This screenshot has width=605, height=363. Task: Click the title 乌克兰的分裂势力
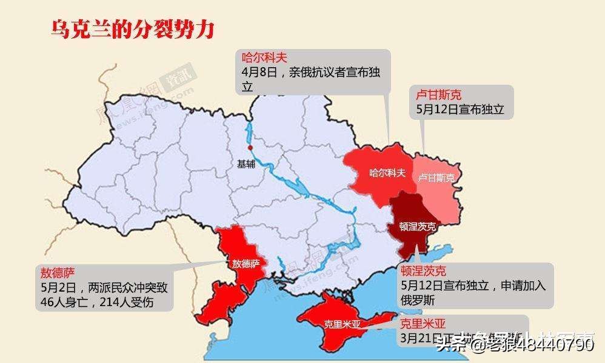pyautogui.click(x=132, y=29)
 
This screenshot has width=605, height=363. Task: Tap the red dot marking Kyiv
pyautogui.click(x=250, y=147)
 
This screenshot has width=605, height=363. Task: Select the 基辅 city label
pyautogui.click(x=246, y=164)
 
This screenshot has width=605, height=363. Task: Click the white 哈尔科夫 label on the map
pyautogui.click(x=387, y=173)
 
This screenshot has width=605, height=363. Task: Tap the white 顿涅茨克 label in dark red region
pyautogui.click(x=417, y=227)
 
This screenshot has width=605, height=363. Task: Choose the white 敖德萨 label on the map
pyautogui.click(x=246, y=263)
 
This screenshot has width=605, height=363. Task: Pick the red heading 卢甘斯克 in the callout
pyautogui.click(x=439, y=95)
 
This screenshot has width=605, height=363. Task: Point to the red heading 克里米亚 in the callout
pyautogui.click(x=423, y=323)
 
